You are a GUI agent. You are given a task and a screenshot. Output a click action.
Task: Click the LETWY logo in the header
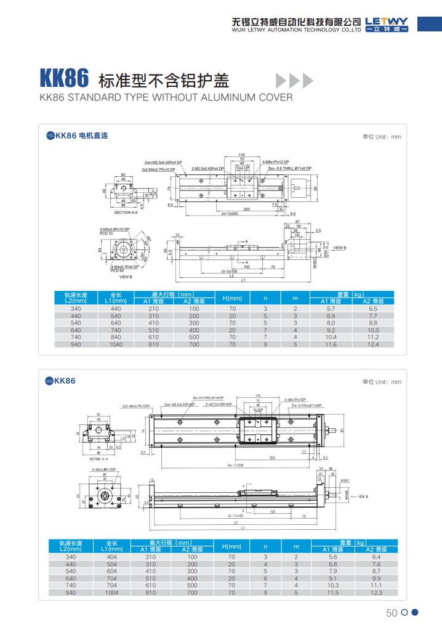[387, 23]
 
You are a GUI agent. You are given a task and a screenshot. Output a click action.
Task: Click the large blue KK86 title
[65, 79]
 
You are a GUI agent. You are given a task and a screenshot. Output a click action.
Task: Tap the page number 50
[392, 612]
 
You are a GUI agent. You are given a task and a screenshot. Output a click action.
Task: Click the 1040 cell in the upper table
[116, 344]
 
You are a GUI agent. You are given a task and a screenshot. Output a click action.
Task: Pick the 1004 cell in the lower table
[111, 593]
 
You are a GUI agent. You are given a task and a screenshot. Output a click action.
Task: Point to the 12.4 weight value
[372, 344]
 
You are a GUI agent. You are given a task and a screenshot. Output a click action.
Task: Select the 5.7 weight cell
[331, 308]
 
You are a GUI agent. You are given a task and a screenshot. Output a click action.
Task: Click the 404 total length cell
[111, 556]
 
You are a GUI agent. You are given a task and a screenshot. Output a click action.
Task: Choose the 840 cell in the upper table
[116, 337]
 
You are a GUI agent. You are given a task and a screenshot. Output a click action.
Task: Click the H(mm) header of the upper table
[232, 298]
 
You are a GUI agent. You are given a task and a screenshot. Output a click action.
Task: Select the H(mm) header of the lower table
[231, 546]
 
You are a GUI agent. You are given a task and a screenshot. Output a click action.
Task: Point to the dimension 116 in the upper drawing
[242, 154]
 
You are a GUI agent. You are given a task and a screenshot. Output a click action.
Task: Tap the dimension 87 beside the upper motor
[297, 221]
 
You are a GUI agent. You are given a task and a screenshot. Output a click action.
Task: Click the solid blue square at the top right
[429, 23]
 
